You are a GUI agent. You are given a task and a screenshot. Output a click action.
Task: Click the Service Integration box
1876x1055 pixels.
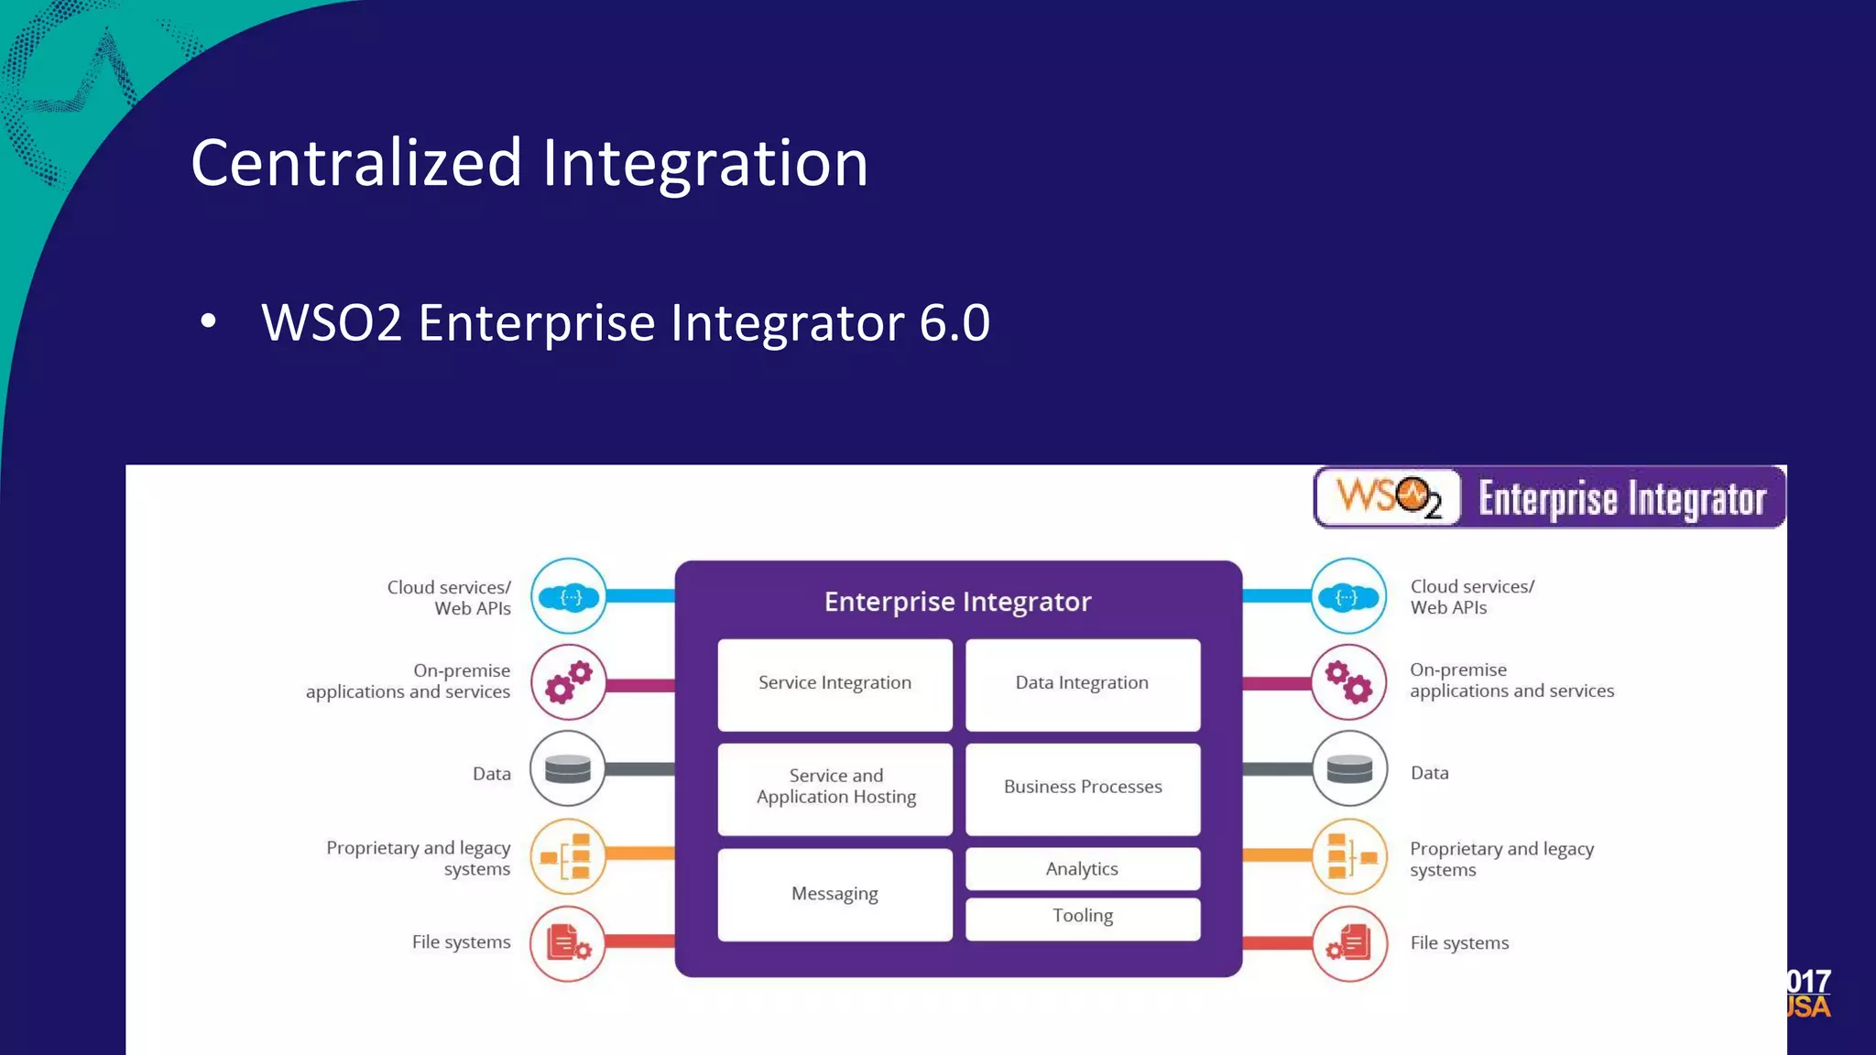(834, 684)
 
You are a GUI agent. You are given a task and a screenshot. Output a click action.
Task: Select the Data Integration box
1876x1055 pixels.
(1082, 684)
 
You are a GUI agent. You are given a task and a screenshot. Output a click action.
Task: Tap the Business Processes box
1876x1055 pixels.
(1082, 789)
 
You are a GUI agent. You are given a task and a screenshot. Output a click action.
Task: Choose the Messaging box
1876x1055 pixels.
(834, 894)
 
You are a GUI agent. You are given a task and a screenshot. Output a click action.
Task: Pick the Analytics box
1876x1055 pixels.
(1082, 868)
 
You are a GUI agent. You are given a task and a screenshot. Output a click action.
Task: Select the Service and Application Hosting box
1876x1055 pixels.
(834, 789)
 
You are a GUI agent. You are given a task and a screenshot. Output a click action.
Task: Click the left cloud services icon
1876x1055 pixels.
(568, 597)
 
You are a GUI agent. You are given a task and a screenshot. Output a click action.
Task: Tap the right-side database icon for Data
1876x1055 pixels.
(1349, 768)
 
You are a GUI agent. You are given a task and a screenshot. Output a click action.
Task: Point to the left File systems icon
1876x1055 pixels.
(568, 943)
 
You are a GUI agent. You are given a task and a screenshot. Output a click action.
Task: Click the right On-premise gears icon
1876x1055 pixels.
(1349, 682)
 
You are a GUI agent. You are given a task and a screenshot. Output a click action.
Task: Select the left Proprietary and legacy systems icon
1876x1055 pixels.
(568, 857)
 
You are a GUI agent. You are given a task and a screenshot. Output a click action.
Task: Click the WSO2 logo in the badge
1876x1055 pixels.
(1388, 497)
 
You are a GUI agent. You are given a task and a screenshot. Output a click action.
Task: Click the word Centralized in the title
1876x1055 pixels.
(355, 163)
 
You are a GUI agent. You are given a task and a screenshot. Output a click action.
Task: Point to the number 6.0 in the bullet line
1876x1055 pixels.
(954, 323)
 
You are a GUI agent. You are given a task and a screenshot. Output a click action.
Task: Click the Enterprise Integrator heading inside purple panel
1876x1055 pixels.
(957, 602)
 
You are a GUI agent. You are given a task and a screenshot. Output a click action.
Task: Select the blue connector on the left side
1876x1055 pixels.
(640, 596)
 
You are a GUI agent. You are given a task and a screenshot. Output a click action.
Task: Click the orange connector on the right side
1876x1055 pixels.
(1277, 855)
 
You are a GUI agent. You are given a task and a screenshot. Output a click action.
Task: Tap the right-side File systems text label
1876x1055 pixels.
(1459, 943)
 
